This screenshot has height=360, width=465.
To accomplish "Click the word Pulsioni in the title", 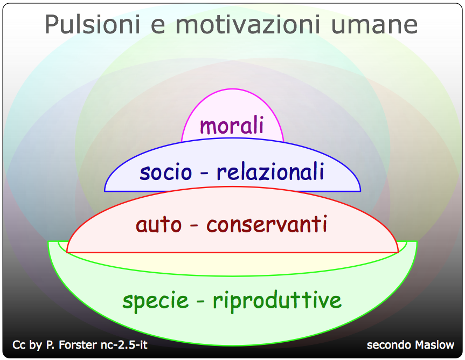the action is click(92, 25).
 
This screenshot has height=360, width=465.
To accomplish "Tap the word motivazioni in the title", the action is click(248, 25).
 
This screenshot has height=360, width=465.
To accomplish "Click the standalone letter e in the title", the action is click(158, 27).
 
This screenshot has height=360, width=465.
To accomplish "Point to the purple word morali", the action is click(232, 125).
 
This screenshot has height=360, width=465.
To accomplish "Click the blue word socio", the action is click(166, 172).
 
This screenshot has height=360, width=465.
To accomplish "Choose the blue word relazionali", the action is click(270, 171).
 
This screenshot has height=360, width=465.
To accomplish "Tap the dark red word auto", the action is click(158, 225).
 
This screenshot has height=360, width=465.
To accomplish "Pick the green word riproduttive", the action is click(277, 300).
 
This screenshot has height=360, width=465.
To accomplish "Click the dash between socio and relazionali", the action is click(204, 173).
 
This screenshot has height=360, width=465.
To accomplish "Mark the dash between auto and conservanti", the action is click(193, 226).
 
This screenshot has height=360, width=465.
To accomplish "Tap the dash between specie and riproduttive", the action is click(200, 302).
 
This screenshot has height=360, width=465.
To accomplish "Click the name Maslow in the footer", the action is click(434, 345).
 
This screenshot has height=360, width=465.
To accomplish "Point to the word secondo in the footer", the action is click(390, 345).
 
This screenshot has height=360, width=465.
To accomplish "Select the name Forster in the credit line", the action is click(78, 345).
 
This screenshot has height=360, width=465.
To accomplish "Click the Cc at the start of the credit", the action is click(19, 345).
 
